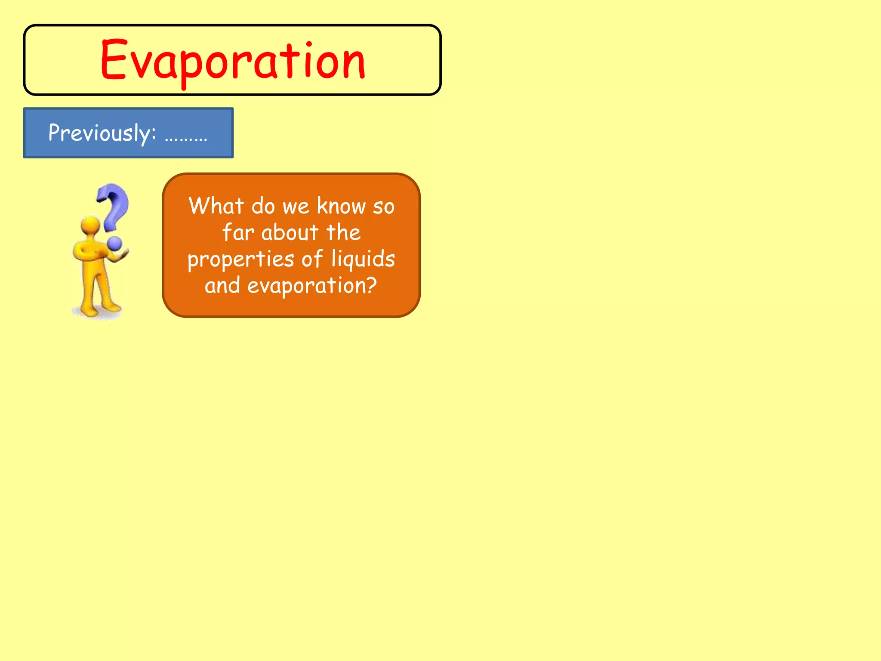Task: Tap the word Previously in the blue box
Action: (x=102, y=133)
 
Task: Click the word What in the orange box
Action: (x=216, y=206)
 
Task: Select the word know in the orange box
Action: (x=341, y=206)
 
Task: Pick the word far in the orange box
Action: (x=238, y=232)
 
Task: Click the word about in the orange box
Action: (x=290, y=232)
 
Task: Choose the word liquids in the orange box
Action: (x=363, y=259)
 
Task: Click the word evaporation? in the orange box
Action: (x=312, y=285)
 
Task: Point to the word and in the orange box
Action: (x=222, y=285)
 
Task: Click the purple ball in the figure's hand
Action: (x=115, y=244)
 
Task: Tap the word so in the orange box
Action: (x=383, y=207)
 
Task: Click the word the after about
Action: (x=343, y=232)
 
